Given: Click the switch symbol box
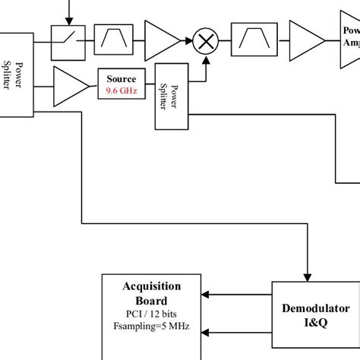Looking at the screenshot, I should pos(68,40).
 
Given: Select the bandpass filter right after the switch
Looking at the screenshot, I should pos(112,40).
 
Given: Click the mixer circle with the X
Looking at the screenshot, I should pos(204,41).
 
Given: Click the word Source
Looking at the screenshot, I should pos(122,79).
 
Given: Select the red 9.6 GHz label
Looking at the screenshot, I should pos(122,91).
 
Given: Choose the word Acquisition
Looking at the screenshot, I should pos(152,286).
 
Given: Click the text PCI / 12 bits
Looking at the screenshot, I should pos(152,313).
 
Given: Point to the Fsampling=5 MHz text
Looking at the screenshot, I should pos(152,327).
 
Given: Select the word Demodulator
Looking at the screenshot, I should pos(314,309).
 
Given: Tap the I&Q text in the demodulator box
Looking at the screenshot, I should pos(314,323).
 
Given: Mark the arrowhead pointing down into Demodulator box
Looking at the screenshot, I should pos(308,275).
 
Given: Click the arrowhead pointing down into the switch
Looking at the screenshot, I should pos(69,21).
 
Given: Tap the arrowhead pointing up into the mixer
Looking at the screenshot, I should pos(204,58).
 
